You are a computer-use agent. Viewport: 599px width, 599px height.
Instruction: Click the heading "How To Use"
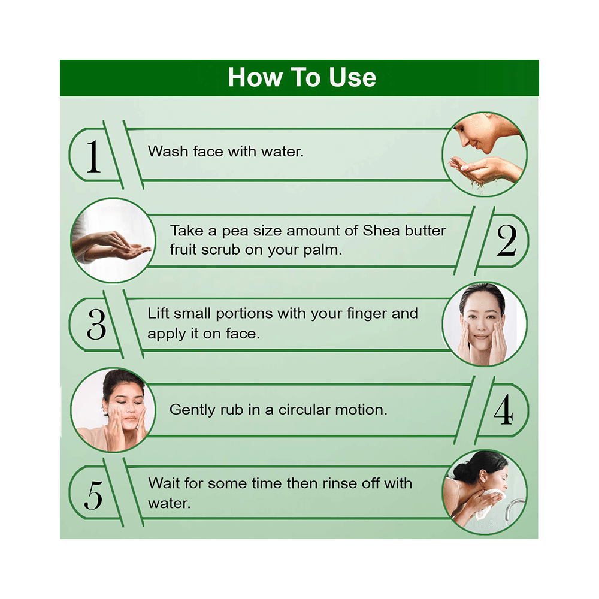click(302, 78)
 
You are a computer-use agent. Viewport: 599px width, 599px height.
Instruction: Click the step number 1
click(93, 157)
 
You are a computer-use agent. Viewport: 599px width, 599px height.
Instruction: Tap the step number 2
click(506, 240)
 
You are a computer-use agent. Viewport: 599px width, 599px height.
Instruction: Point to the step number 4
click(503, 410)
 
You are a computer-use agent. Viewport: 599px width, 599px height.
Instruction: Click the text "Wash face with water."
click(226, 152)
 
